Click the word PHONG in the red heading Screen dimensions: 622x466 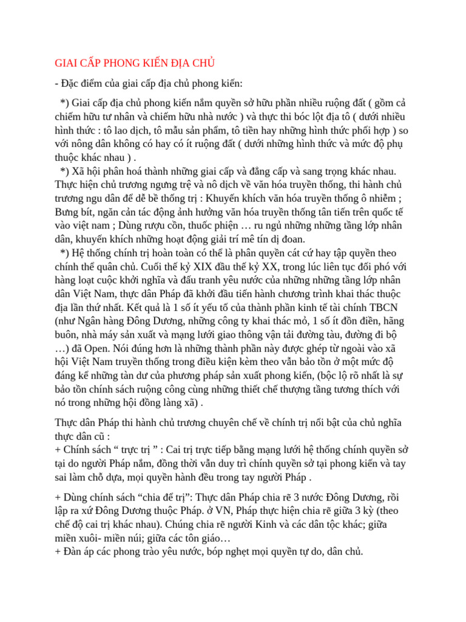point(124,63)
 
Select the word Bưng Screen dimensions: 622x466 point(69,212)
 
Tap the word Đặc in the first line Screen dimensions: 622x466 point(72,83)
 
